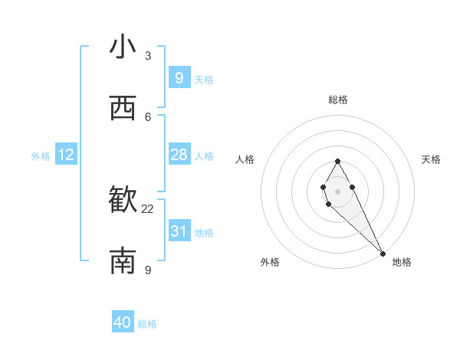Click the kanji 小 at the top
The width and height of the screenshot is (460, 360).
click(123, 47)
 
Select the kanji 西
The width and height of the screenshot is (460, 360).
click(123, 109)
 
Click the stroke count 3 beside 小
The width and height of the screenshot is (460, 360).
click(148, 55)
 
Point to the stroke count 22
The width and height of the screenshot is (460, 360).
click(148, 208)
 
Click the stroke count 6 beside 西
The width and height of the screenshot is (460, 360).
click(148, 116)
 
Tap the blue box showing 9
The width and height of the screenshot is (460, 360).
click(179, 78)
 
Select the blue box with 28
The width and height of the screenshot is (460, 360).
click(179, 155)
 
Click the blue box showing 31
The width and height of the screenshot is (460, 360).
click(179, 231)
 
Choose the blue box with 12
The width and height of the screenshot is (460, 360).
click(66, 155)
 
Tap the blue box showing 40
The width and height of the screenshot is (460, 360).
click(123, 322)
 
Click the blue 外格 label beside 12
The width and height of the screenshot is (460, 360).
click(41, 156)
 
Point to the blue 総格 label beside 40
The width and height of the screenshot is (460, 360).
click(147, 324)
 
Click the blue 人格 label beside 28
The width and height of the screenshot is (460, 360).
click(204, 156)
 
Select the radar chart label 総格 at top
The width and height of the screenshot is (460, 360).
click(337, 100)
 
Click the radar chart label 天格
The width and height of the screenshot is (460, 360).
click(431, 159)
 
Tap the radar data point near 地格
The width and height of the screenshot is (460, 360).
click(383, 253)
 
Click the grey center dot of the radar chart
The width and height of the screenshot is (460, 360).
click(337, 191)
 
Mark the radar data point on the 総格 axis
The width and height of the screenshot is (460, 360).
click(337, 161)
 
